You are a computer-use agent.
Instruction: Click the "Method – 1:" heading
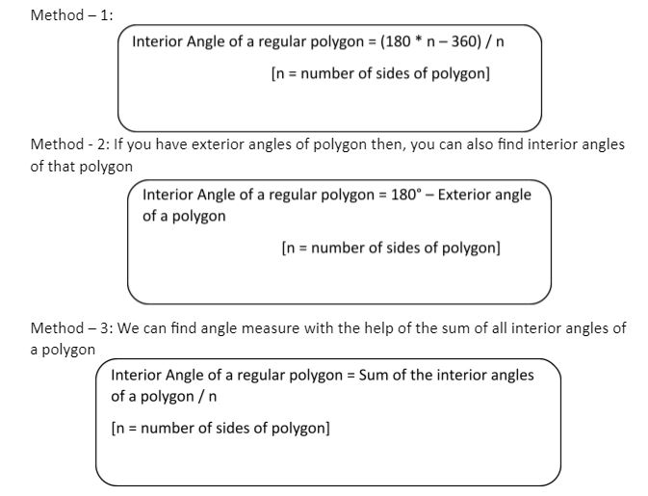click(x=72, y=15)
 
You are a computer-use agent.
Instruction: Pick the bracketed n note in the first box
click(x=381, y=73)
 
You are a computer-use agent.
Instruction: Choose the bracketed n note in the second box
click(x=391, y=248)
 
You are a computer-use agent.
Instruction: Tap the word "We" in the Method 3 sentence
click(x=131, y=328)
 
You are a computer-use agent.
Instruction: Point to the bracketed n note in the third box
click(x=220, y=428)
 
